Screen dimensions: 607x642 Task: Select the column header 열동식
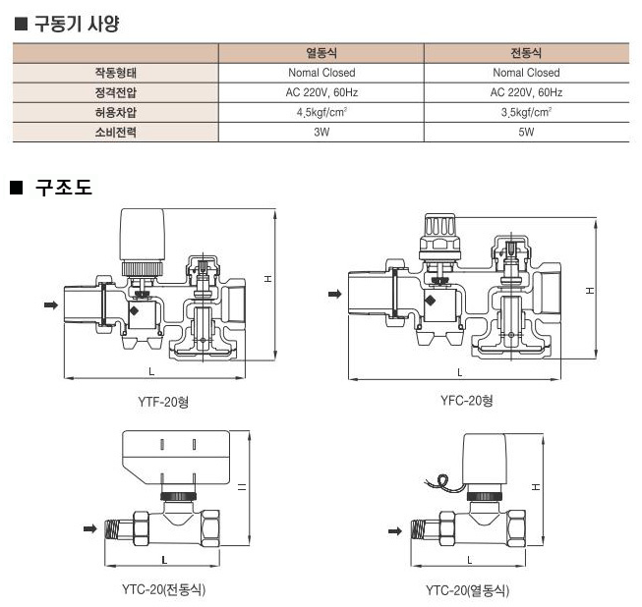[321, 53]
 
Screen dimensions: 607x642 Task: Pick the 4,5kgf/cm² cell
[321, 111]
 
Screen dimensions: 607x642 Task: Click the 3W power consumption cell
[321, 131]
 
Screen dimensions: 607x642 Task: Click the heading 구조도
[63, 187]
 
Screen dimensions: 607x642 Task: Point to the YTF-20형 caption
[163, 400]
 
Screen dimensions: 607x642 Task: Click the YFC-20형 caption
[467, 400]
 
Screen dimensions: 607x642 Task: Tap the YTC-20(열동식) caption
[468, 590]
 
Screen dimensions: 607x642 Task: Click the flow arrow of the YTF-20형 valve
[49, 305]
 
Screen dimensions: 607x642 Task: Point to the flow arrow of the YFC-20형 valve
[334, 293]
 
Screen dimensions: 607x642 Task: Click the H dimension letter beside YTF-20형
[268, 279]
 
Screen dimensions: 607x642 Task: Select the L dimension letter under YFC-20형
[459, 372]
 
